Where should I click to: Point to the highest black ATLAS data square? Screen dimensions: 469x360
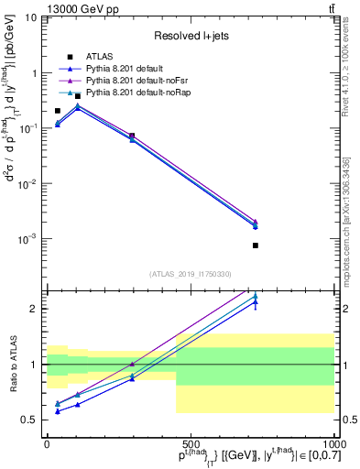click(x=78, y=95)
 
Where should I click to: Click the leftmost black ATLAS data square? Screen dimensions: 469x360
click(x=58, y=111)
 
